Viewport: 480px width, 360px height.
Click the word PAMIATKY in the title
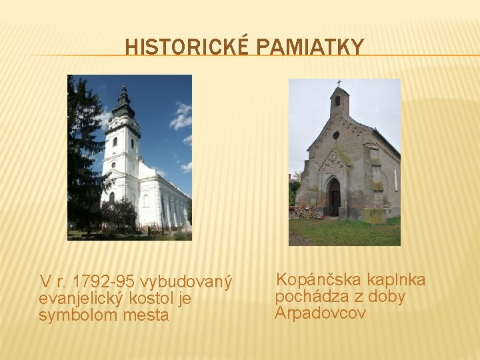[310, 47]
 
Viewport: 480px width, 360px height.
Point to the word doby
[387, 296]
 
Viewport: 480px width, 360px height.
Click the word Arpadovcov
[321, 313]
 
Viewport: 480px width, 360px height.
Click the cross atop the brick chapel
[339, 83]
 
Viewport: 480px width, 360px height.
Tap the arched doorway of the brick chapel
[333, 198]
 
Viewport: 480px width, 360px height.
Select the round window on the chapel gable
[336, 135]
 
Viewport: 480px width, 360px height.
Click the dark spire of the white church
[123, 103]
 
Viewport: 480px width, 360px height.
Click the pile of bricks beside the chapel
[306, 213]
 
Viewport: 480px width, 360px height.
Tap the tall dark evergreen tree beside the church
[82, 153]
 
